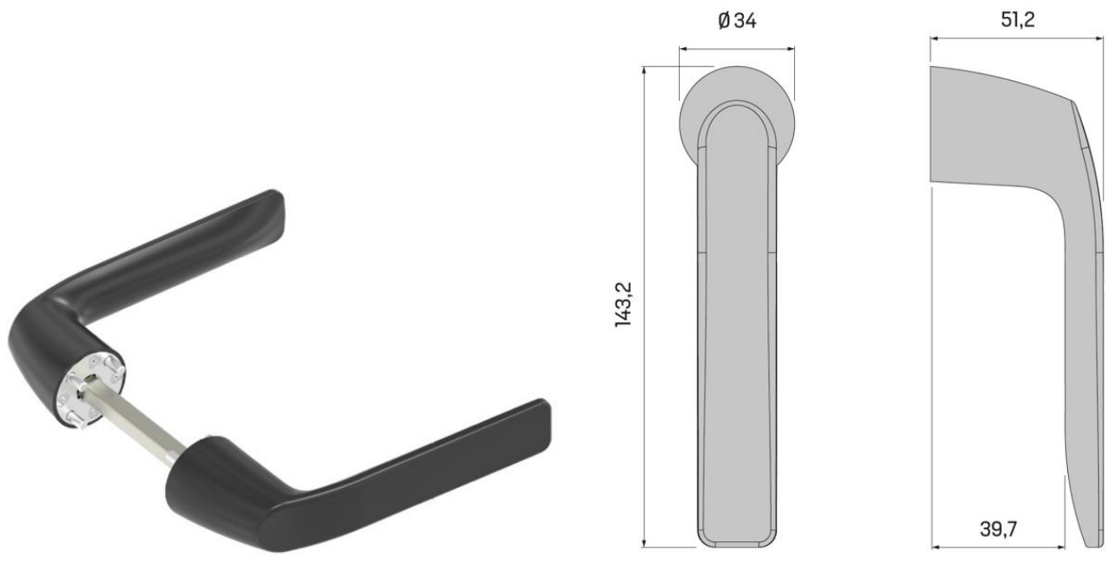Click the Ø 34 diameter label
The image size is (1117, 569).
pos(737,21)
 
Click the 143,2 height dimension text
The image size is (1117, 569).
pos(624,305)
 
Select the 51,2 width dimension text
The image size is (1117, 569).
pos(1017,20)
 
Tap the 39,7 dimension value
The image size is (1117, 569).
pos(997,529)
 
